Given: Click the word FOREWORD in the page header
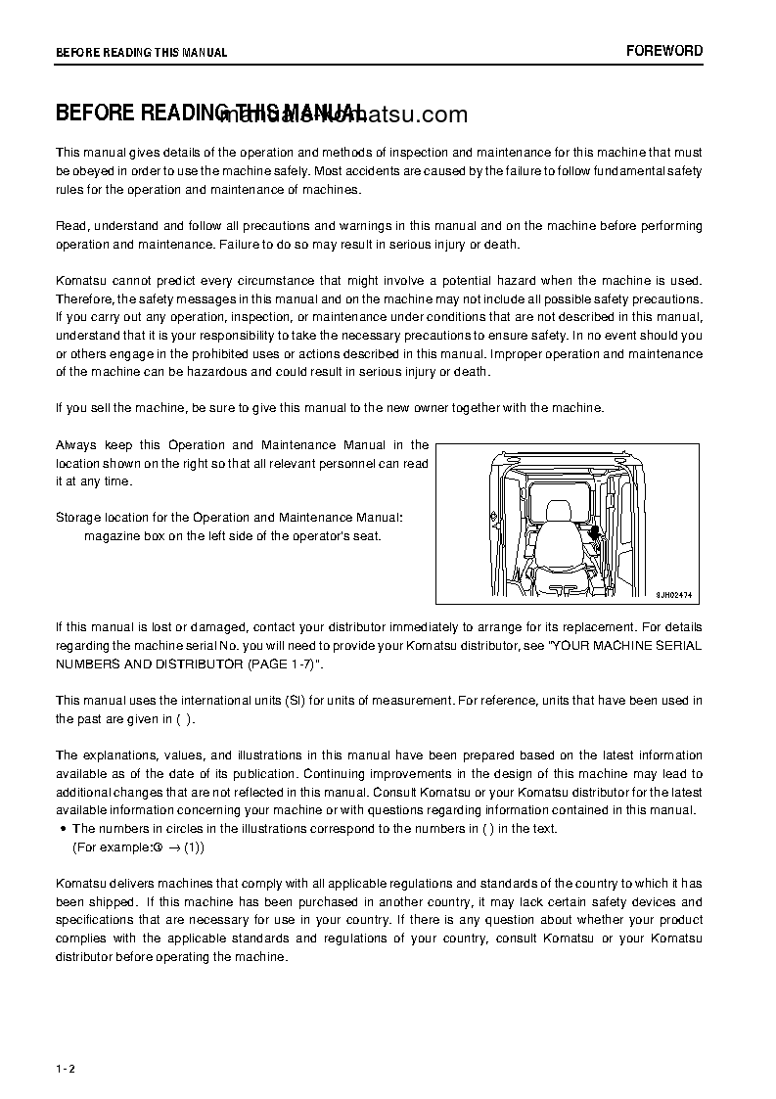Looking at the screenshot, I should tap(664, 51).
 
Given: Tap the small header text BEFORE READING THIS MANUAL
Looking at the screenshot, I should tap(141, 53).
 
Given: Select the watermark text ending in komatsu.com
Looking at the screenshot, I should tap(342, 115).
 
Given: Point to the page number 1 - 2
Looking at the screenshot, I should tap(66, 1069).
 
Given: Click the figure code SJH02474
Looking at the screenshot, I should tap(673, 593).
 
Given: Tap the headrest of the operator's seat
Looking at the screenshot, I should tap(558, 512).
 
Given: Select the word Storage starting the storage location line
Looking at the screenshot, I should tap(78, 517).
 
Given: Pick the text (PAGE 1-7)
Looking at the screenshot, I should tap(284, 664).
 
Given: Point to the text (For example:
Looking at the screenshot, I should tap(112, 847).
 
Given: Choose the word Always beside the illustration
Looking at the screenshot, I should tap(75, 445).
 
